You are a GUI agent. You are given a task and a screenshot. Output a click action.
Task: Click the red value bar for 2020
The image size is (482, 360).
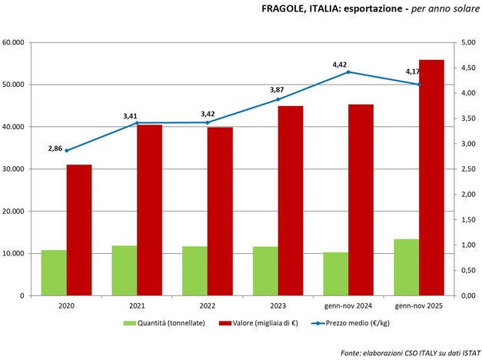pos(79,230)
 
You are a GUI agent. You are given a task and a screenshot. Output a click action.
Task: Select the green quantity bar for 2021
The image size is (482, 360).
pos(124,270)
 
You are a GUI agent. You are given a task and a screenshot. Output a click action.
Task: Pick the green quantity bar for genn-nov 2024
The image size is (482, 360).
pos(335,273)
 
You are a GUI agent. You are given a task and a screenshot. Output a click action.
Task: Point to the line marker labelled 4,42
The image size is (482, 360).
pos(348,72)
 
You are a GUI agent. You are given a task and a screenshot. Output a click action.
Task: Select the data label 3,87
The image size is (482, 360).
pos(277,90)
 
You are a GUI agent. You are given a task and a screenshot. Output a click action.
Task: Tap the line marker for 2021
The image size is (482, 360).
pos(137,123)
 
